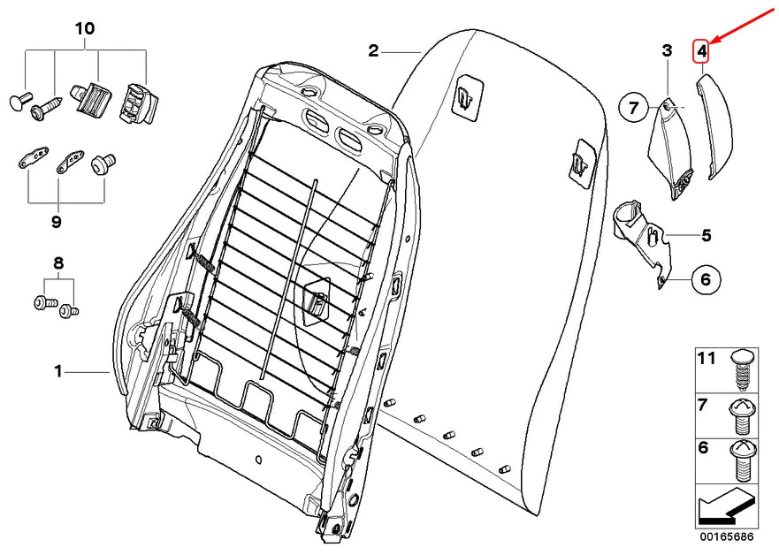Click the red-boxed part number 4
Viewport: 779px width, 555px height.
click(x=701, y=50)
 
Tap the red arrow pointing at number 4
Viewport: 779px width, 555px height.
click(x=744, y=26)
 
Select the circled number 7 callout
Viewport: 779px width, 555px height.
click(x=633, y=107)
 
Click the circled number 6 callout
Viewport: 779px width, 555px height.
click(x=706, y=279)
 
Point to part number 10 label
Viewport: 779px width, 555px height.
click(x=85, y=28)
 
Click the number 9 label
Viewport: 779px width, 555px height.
click(x=57, y=222)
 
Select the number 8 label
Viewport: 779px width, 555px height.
click(x=58, y=263)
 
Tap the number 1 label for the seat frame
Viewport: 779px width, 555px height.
click(x=58, y=371)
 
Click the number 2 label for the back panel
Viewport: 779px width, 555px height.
click(x=373, y=50)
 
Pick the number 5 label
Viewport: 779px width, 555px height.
click(x=706, y=235)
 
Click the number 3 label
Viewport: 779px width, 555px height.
click(x=667, y=50)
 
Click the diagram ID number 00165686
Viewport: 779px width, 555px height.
click(x=727, y=536)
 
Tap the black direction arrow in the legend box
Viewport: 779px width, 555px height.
click(x=726, y=506)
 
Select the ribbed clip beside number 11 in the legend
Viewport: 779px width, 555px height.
click(x=744, y=369)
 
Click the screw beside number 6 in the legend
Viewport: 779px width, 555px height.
click(x=743, y=460)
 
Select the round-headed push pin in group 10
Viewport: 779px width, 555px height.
click(x=20, y=100)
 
